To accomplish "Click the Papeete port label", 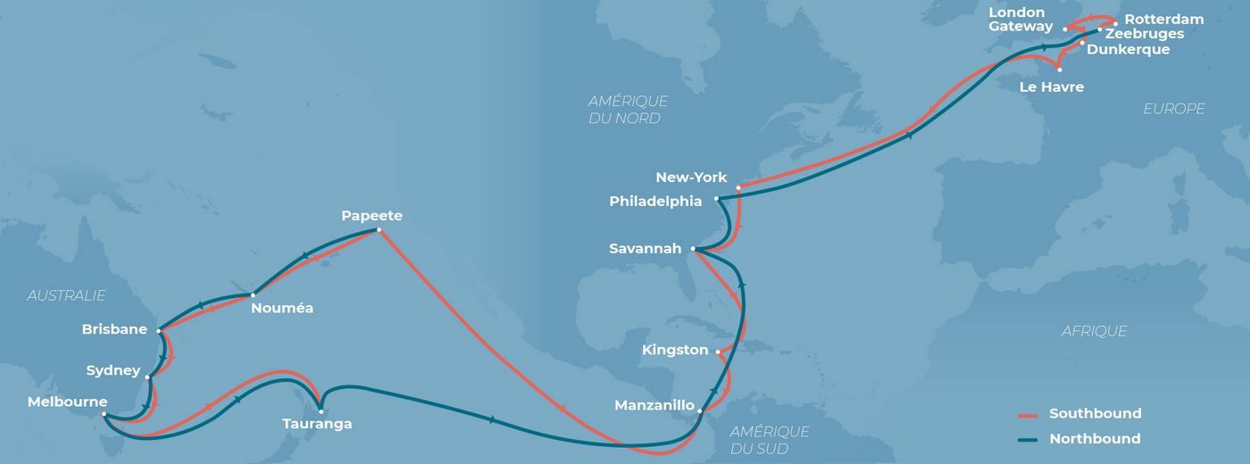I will point(371,216).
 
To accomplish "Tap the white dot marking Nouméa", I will point(254,294).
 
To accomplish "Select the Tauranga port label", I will point(316,424).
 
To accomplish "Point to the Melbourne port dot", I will point(104,414).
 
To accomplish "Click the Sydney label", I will point(113,370).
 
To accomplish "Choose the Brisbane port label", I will point(114,329).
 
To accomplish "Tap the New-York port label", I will point(691,178).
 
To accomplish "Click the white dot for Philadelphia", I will point(717,199).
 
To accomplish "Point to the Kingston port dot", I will point(718,352).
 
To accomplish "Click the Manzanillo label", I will point(654,406).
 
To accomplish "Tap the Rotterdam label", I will point(1163,19).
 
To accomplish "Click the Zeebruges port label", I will point(1145,34).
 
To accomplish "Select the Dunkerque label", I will point(1128,50).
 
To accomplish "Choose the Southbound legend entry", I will point(1095,414).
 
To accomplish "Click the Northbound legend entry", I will point(1095,439).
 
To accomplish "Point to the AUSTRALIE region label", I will point(66,295).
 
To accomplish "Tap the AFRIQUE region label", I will point(1094,331).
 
